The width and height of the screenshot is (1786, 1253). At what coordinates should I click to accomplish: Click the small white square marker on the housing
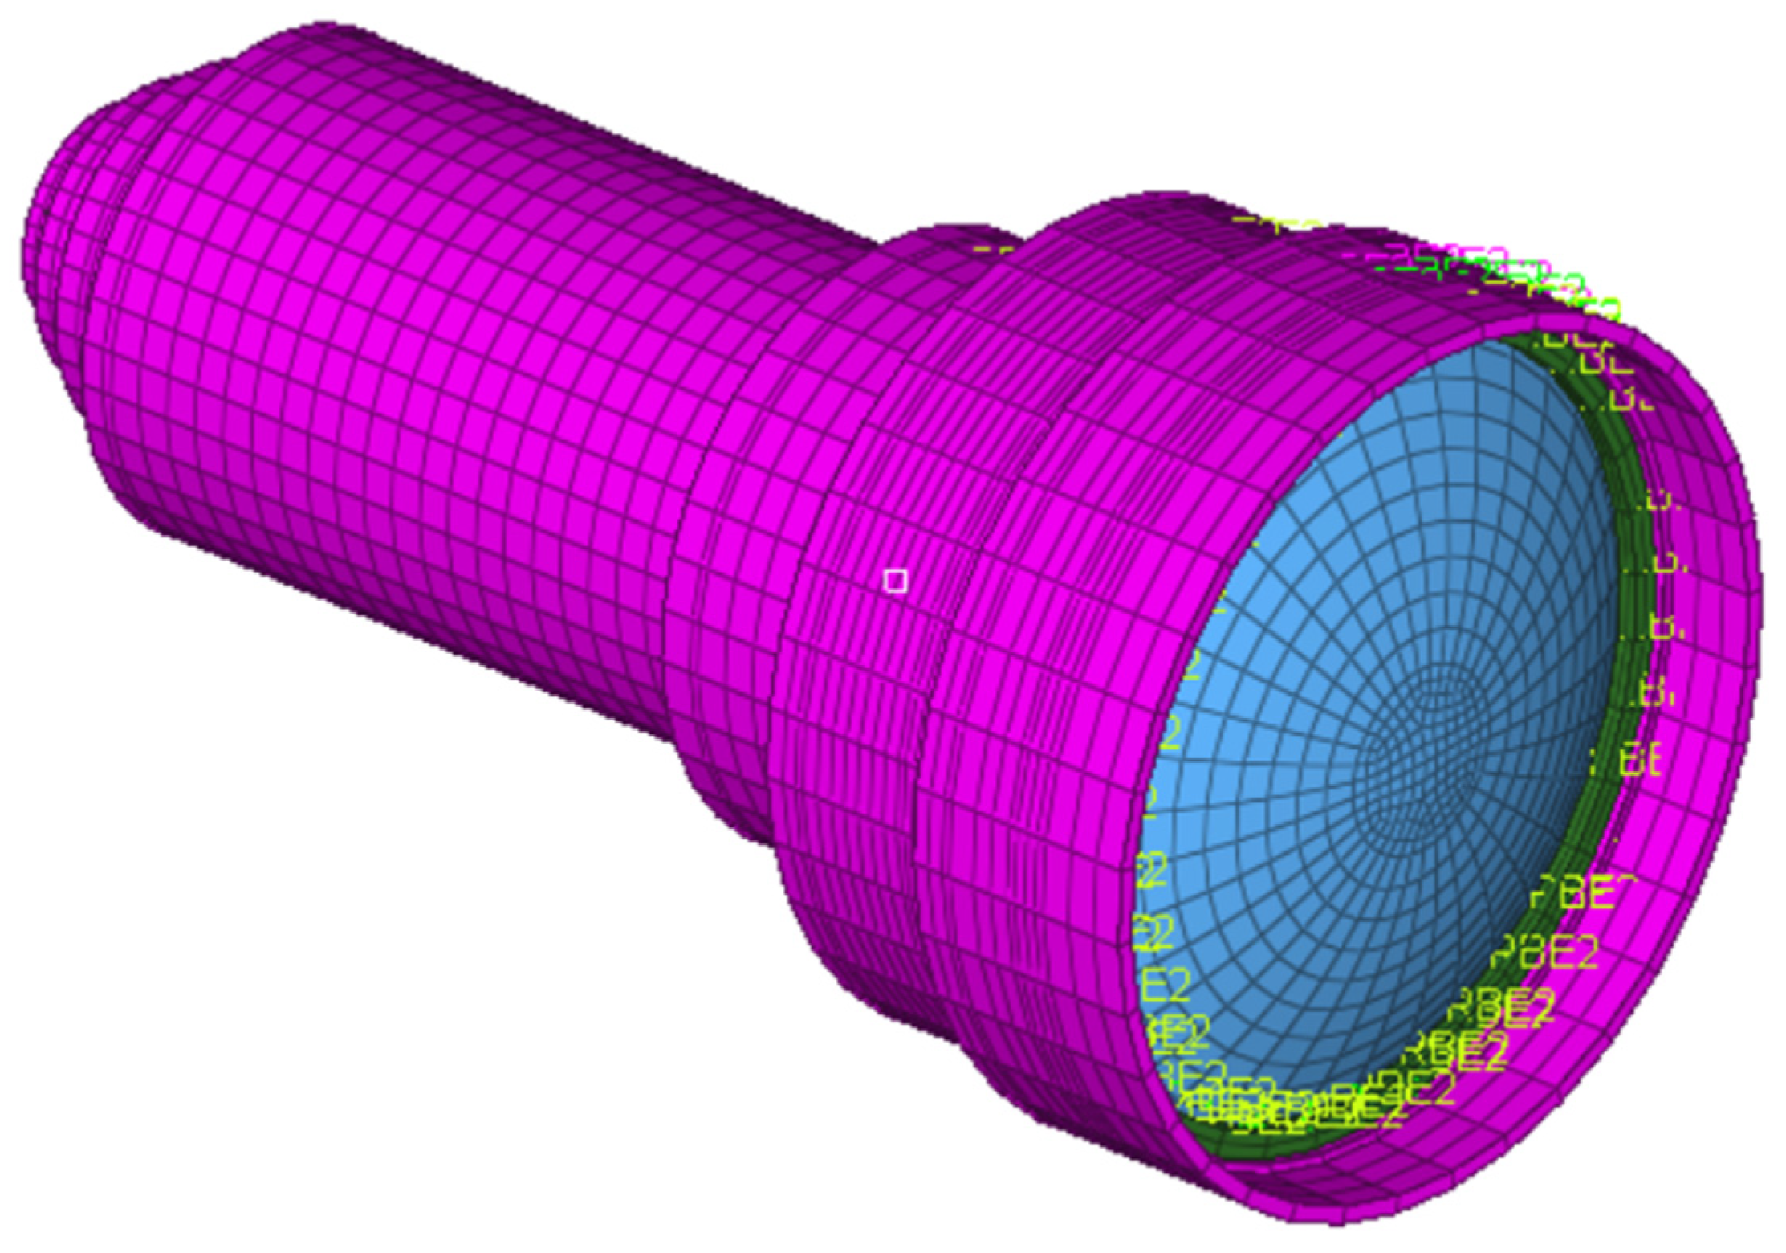(895, 581)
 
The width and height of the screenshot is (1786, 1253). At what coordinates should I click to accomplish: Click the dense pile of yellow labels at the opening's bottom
(1284, 1112)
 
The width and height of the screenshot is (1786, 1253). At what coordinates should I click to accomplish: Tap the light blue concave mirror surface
(1324, 643)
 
